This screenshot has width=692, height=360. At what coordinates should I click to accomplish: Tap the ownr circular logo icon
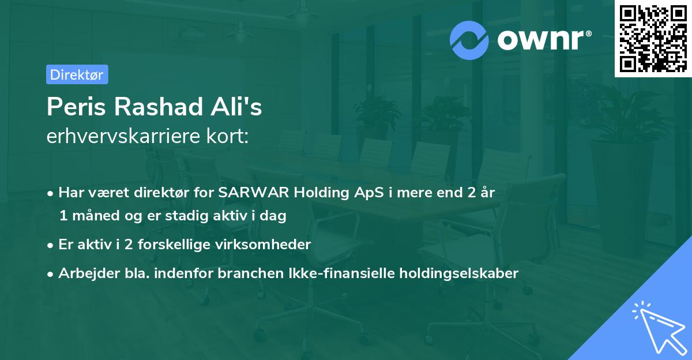coord(469,40)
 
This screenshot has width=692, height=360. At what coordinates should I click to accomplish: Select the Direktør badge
coord(77,74)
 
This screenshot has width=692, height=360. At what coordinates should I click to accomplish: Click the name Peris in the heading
coord(76,107)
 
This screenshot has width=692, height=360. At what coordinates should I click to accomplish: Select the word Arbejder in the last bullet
coord(85,273)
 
